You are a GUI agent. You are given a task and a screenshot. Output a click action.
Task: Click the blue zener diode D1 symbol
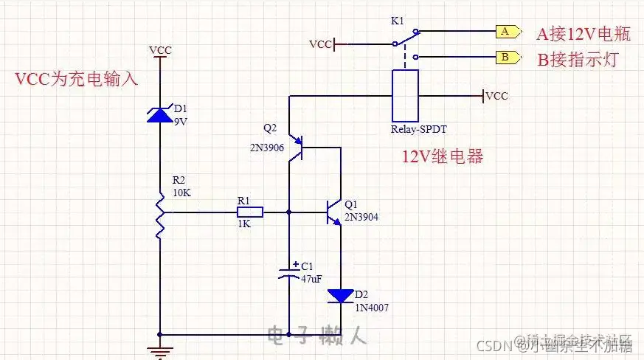160,114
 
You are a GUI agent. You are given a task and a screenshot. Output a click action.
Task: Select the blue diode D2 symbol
341,296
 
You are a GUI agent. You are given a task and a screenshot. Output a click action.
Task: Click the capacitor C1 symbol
288,272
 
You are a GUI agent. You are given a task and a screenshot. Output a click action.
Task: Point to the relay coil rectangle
405,95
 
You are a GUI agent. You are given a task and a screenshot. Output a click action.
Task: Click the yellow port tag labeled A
505,32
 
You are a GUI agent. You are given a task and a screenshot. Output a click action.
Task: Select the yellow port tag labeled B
505,57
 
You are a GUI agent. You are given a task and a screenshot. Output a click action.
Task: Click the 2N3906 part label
267,148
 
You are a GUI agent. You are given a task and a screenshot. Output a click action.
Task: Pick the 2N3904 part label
361,218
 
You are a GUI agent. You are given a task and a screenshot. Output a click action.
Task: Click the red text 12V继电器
441,156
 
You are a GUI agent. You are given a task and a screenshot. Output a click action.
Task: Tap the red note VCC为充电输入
76,79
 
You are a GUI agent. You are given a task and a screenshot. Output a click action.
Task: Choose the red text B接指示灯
576,60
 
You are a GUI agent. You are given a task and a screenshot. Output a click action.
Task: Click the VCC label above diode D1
160,50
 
